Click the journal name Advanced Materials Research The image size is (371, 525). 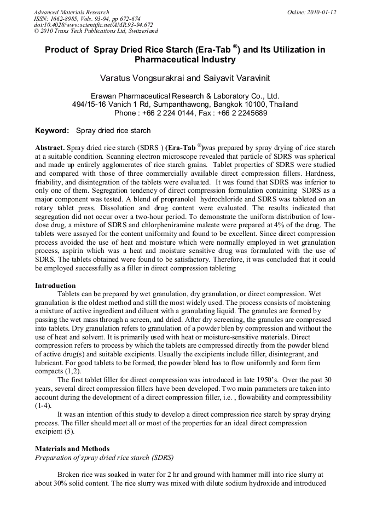[x=71, y=12]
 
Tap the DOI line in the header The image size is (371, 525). [x=93, y=25]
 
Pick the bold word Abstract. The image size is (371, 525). [x=50, y=148]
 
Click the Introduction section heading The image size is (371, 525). [x=55, y=286]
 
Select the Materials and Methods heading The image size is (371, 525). [x=72, y=449]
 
